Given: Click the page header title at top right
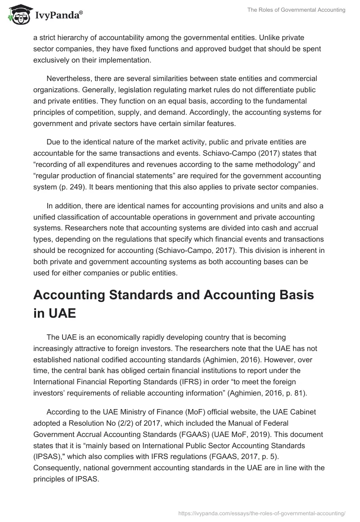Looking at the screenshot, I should pos(296,10).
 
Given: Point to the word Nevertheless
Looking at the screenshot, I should pos(68,78).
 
